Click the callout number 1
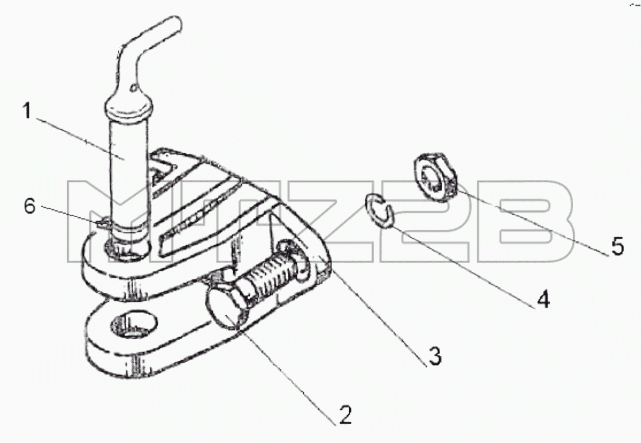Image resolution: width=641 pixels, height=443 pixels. (x=27, y=111)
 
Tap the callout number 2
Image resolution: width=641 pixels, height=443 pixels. (x=345, y=415)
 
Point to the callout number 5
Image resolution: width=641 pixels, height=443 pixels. (x=617, y=246)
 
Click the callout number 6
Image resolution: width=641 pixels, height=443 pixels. (x=30, y=206)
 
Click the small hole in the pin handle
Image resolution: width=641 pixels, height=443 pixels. (x=133, y=87)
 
